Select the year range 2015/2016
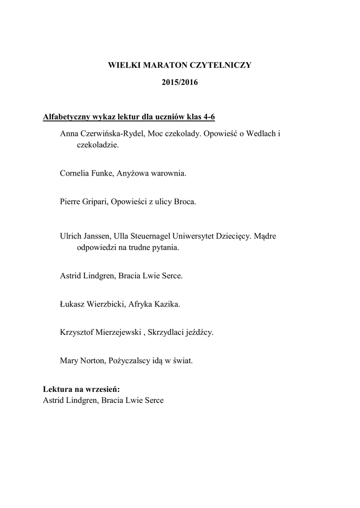[x=180, y=83]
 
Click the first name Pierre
[x=71, y=202]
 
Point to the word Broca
[x=185, y=202]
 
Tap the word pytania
[x=163, y=248]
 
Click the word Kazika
[x=167, y=304]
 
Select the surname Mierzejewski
[x=116, y=332]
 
